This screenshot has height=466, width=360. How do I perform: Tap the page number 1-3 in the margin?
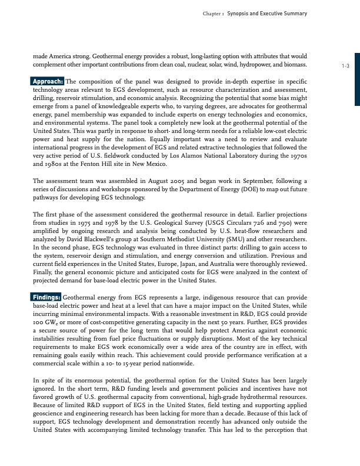pos(345,66)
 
